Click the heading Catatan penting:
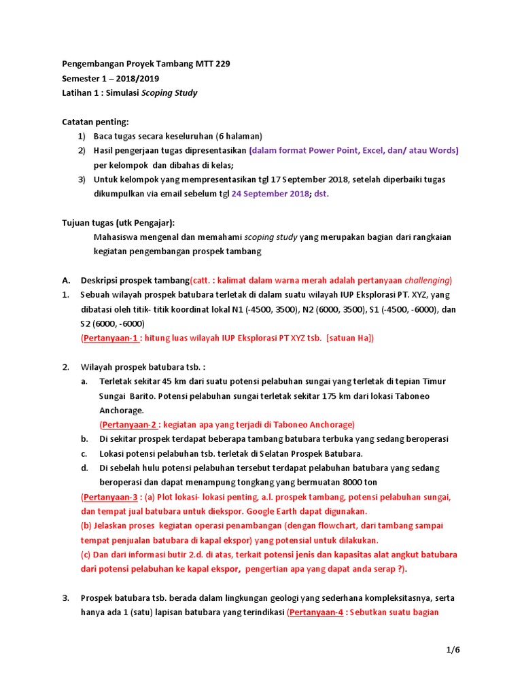94,122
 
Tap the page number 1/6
453,650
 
